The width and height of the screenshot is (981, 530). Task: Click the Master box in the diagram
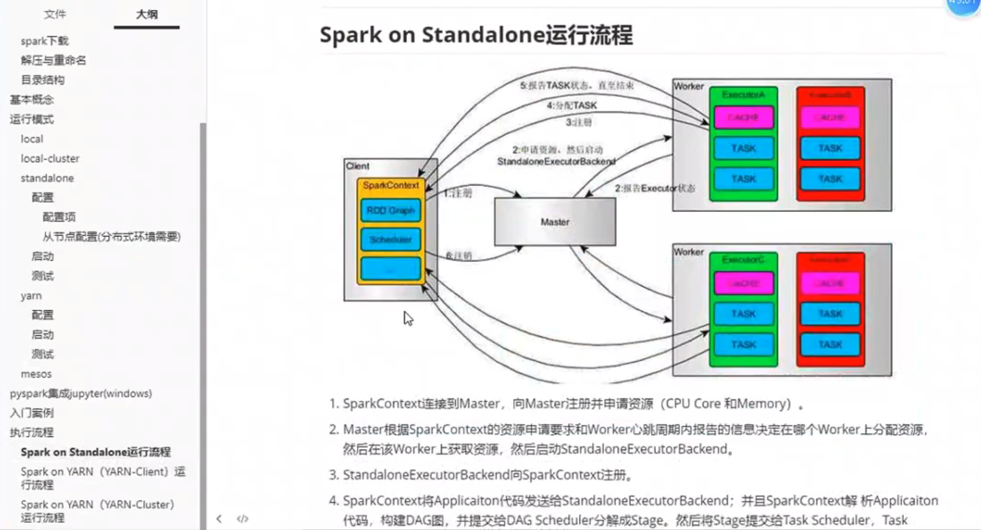[555, 222]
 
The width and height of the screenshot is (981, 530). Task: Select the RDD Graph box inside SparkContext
[390, 211]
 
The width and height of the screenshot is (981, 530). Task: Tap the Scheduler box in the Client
[390, 239]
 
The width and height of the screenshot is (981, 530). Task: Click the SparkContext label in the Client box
[391, 185]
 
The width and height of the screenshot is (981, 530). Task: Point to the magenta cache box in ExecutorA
[743, 118]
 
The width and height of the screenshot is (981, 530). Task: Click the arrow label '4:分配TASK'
[571, 105]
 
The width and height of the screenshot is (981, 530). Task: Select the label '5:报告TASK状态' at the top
[576, 85]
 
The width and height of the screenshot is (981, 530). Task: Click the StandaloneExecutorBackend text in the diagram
[556, 162]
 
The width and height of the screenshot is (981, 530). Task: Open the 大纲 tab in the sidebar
[147, 14]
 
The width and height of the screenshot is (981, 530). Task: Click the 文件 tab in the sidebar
[55, 14]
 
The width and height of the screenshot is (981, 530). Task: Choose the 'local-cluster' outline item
[50, 159]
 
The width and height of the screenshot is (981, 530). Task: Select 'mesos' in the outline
[36, 374]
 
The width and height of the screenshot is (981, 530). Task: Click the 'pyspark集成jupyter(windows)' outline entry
[81, 394]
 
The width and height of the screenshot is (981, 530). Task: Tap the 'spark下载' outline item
[45, 41]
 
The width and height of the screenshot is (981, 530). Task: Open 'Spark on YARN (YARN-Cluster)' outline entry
[97, 511]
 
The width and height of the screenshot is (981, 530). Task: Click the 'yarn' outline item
[31, 296]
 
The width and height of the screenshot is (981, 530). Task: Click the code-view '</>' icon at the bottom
[243, 518]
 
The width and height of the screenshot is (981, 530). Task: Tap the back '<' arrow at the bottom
[219, 518]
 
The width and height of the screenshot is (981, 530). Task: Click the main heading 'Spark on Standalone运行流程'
[476, 35]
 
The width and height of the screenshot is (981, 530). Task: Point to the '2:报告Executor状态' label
[654, 188]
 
